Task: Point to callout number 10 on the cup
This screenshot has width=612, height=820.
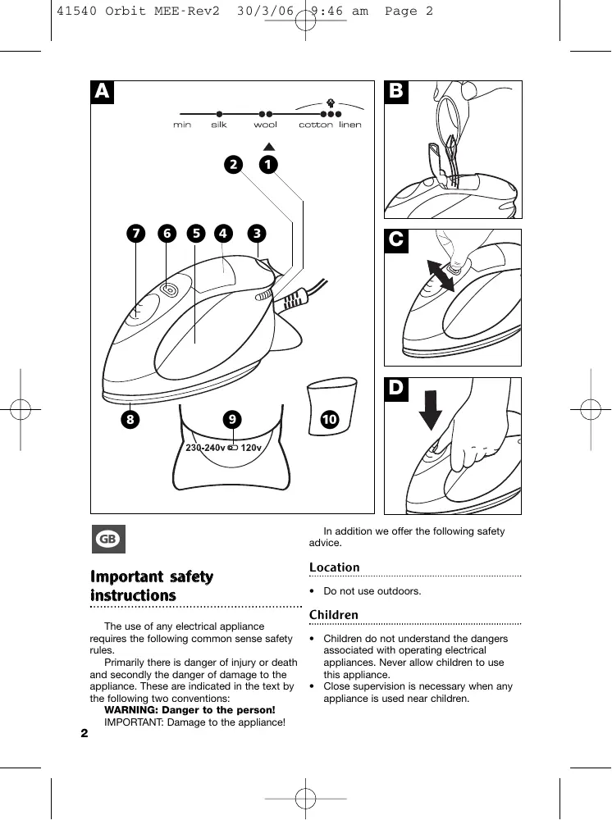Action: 330,419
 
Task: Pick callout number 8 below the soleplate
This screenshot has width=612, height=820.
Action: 130,419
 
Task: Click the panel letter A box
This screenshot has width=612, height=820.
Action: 102,92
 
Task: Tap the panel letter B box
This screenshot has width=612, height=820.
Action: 396,92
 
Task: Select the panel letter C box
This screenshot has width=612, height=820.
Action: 396,239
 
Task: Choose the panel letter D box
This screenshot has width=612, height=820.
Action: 396,388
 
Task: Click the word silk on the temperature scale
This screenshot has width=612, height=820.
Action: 219,125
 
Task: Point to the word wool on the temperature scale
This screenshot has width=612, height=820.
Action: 265,125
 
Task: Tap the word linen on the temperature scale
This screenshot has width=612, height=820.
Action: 350,125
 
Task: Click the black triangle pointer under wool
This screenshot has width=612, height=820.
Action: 267,147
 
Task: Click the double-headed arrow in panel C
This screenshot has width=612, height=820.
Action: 441,276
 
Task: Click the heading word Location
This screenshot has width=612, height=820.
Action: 334,567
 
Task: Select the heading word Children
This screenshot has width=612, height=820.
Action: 333,615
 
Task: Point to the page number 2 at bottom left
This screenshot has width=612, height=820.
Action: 84,732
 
